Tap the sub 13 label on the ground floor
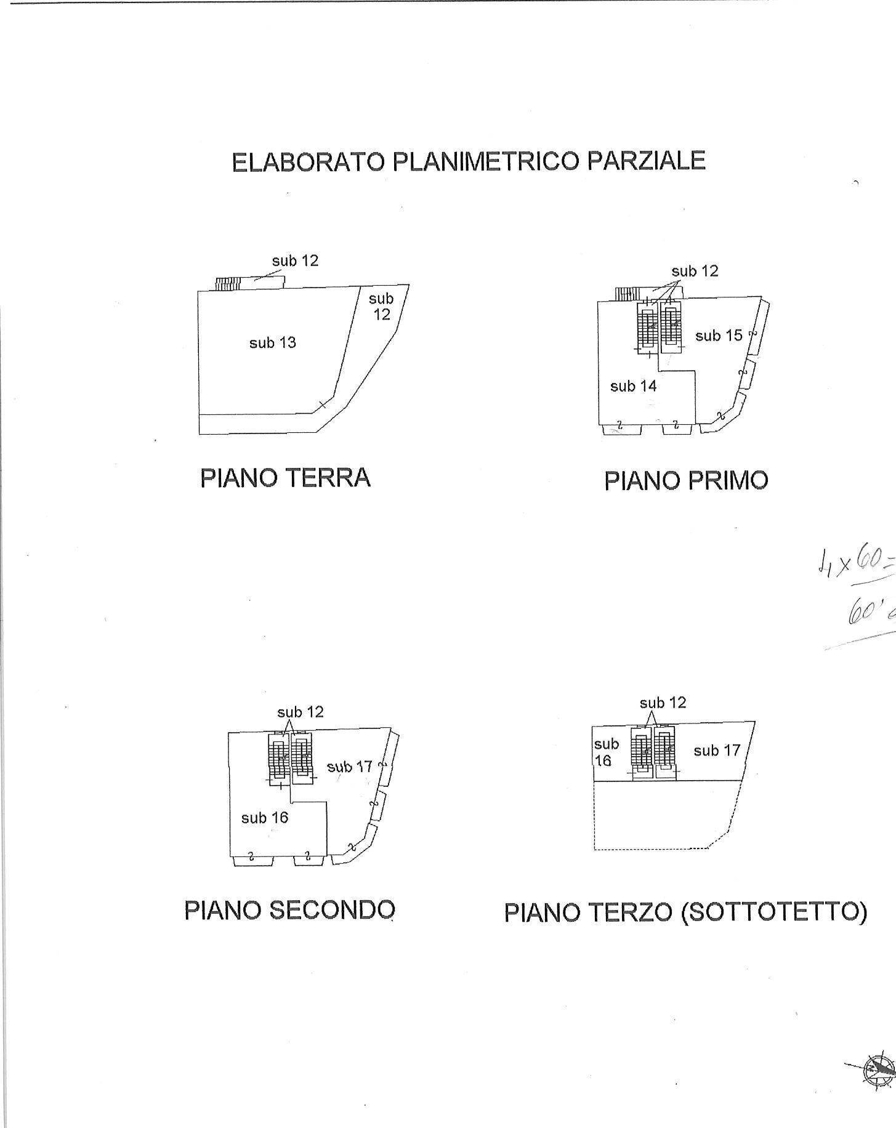272,342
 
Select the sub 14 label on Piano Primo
633,386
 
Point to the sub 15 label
719,336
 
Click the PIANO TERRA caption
285,478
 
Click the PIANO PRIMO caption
686,481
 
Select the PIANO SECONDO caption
289,910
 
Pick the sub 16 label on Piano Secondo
265,818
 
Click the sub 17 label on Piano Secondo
349,767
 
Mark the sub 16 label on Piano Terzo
605,752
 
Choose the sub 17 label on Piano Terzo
716,751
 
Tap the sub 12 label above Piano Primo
695,271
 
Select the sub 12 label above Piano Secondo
300,712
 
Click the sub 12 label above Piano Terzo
663,703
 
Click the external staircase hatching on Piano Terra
227,283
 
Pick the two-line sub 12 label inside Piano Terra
381,306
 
